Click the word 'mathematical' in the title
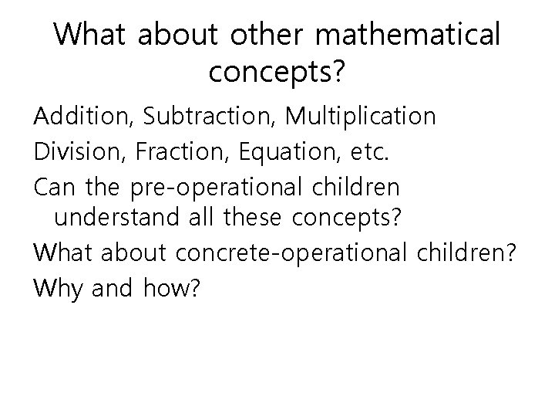pos(408,35)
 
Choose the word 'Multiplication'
pos(360,117)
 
